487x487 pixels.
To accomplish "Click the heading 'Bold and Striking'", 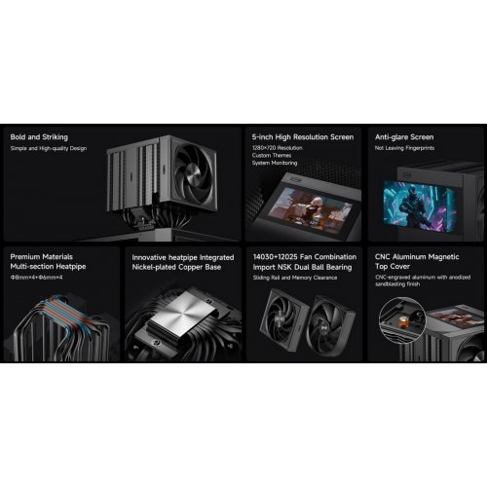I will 39,137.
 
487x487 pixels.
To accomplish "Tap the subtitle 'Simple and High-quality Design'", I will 48,148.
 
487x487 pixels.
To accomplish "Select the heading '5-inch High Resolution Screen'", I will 300,137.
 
